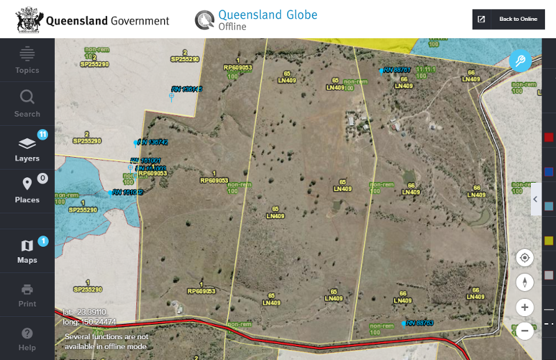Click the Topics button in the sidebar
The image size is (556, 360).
(x=27, y=60)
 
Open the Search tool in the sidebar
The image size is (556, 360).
(x=27, y=103)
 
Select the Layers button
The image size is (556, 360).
(x=27, y=148)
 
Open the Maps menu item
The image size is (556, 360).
(x=27, y=251)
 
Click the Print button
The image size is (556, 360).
(x=27, y=295)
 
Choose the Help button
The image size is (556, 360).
(x=27, y=338)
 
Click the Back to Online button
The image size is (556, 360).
(x=509, y=19)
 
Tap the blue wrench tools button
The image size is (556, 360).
(x=520, y=61)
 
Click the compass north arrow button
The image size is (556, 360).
(x=525, y=282)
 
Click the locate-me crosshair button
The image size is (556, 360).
(x=525, y=258)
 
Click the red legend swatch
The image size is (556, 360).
(x=548, y=138)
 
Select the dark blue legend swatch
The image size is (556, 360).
(x=548, y=172)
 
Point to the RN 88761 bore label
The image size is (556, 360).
(x=398, y=70)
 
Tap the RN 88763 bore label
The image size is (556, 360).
(x=420, y=323)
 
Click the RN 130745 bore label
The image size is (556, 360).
(x=187, y=89)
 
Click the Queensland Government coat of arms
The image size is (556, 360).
(x=28, y=20)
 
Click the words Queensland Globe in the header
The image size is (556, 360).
(x=268, y=15)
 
